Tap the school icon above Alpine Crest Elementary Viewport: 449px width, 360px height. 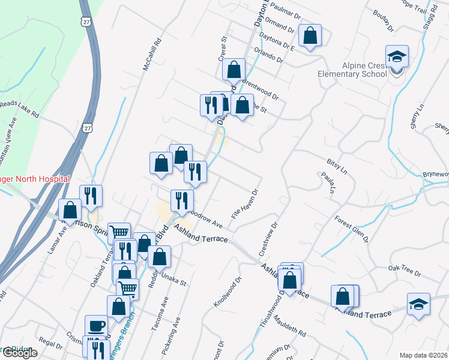point(397,56)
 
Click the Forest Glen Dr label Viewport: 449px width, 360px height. point(351,229)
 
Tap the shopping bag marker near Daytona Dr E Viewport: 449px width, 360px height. point(310,35)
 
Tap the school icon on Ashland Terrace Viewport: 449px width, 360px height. point(418,304)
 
